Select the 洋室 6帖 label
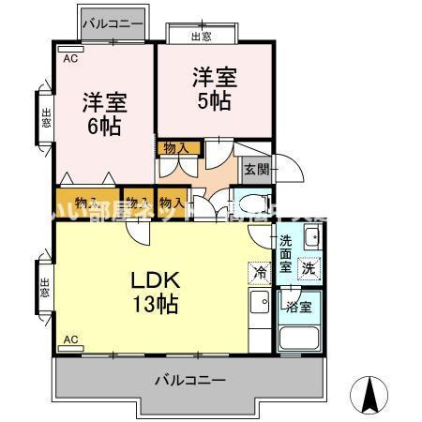tap(104, 112)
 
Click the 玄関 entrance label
tap(256, 169)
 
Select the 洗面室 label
tap(287, 254)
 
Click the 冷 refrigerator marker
tap(258, 272)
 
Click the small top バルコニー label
tap(113, 21)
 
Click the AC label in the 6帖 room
tap(69, 58)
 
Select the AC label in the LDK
tap(69, 338)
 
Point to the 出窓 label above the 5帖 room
tap(202, 36)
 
